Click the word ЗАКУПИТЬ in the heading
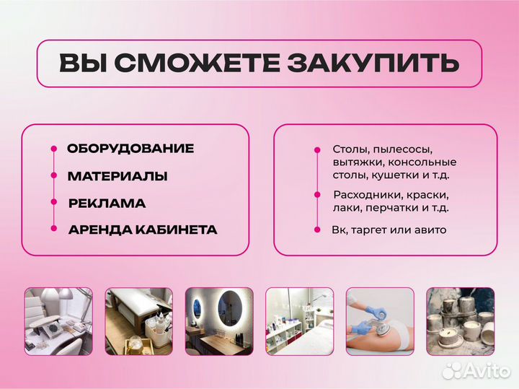373,63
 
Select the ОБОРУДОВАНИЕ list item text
130,149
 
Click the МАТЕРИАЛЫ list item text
117,176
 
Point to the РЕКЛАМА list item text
107,204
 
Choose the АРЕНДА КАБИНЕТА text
143,230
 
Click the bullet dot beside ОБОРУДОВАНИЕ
53,149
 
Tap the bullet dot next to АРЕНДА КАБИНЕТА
53,230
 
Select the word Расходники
365,195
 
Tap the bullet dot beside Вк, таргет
316,230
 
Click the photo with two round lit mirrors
218,320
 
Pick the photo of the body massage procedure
379,320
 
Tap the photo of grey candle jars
460,320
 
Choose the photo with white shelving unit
298,320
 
